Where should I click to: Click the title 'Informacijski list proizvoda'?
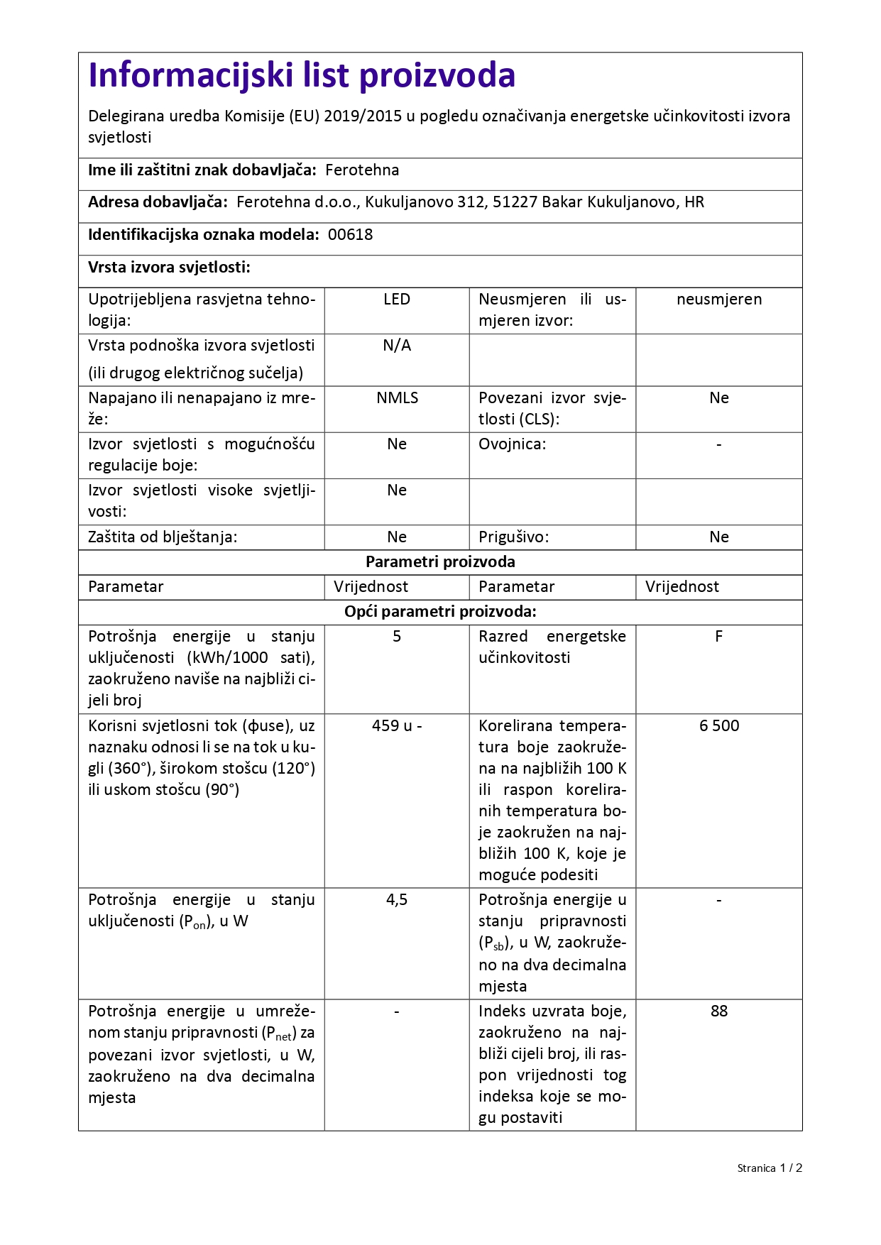[302, 75]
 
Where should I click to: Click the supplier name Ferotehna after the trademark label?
[362, 170]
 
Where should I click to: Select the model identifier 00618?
[350, 235]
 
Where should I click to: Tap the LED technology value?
[397, 300]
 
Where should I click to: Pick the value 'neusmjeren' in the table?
[719, 300]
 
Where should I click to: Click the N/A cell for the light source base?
[397, 346]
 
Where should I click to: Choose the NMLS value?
[397, 398]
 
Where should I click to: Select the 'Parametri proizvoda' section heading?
[440, 562]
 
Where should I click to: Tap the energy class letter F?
[719, 637]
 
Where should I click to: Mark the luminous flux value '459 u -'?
[397, 726]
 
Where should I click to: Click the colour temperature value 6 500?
[719, 726]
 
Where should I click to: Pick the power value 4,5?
[397, 900]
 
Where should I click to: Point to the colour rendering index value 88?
[719, 1011]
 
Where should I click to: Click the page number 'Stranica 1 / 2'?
[770, 1168]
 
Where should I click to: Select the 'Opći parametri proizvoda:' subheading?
[440, 612]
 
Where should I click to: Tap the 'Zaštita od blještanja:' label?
[163, 537]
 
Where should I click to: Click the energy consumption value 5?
[397, 637]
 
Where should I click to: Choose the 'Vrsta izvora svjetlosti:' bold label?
[169, 268]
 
